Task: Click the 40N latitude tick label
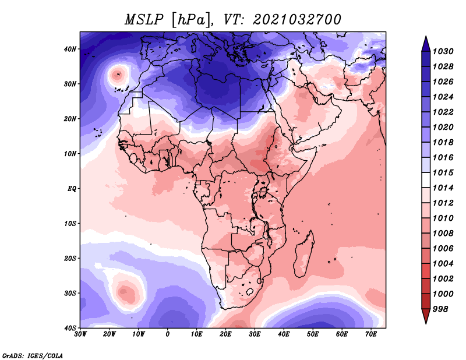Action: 70,49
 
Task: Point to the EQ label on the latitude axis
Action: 72,189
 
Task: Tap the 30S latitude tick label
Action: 70,294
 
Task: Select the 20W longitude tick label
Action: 109,334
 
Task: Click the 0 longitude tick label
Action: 168,334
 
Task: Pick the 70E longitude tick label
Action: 371,334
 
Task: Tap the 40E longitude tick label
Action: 284,334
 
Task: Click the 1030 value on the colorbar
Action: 443,51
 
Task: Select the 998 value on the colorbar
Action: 440,309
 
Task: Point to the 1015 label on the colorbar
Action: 443,172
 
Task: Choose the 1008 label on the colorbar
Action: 443,234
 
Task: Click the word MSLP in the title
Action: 144,20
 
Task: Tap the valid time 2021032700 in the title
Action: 296,20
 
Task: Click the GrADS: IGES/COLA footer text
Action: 33,355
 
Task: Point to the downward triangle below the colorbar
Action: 426,316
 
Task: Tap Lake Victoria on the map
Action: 263,192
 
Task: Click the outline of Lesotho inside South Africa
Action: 250,291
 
